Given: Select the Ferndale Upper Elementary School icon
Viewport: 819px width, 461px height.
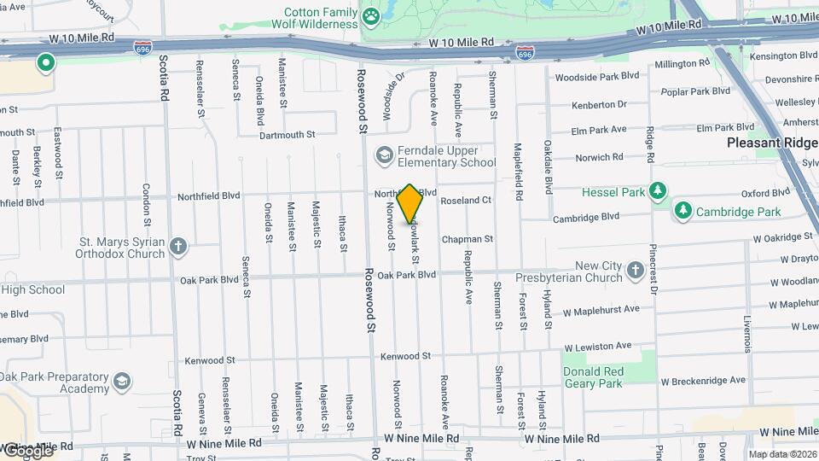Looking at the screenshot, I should (384, 155).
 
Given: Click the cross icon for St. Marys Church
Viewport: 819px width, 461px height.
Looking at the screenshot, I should (177, 248).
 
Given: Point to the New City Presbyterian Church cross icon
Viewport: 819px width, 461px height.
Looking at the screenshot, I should (635, 271).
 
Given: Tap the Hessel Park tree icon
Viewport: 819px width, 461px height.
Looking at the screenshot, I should (657, 190).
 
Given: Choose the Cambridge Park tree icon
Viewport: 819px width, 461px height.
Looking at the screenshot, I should (682, 209).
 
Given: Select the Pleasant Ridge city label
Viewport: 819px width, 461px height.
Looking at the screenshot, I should (771, 143).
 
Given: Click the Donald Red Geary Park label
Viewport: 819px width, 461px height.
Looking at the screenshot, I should (594, 377).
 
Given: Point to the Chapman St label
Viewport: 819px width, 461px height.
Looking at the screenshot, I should (468, 240).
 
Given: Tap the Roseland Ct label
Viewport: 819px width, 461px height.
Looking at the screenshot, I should (466, 201).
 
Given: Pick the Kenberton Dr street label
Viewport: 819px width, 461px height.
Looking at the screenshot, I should (599, 104).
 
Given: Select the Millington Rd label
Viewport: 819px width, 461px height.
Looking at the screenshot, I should (677, 64).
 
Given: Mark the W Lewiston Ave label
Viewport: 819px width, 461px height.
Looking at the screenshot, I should (597, 346).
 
